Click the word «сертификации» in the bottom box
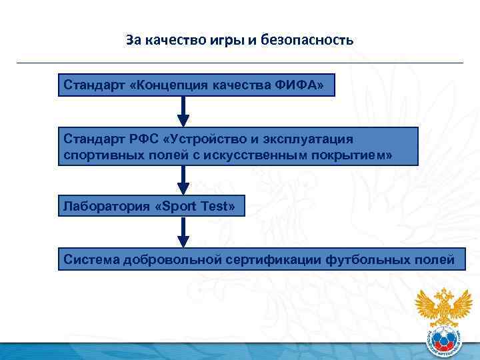[x=273, y=259]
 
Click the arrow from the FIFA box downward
[x=184, y=111]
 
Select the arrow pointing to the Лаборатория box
[x=184, y=180]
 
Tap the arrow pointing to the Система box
[x=184, y=233]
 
